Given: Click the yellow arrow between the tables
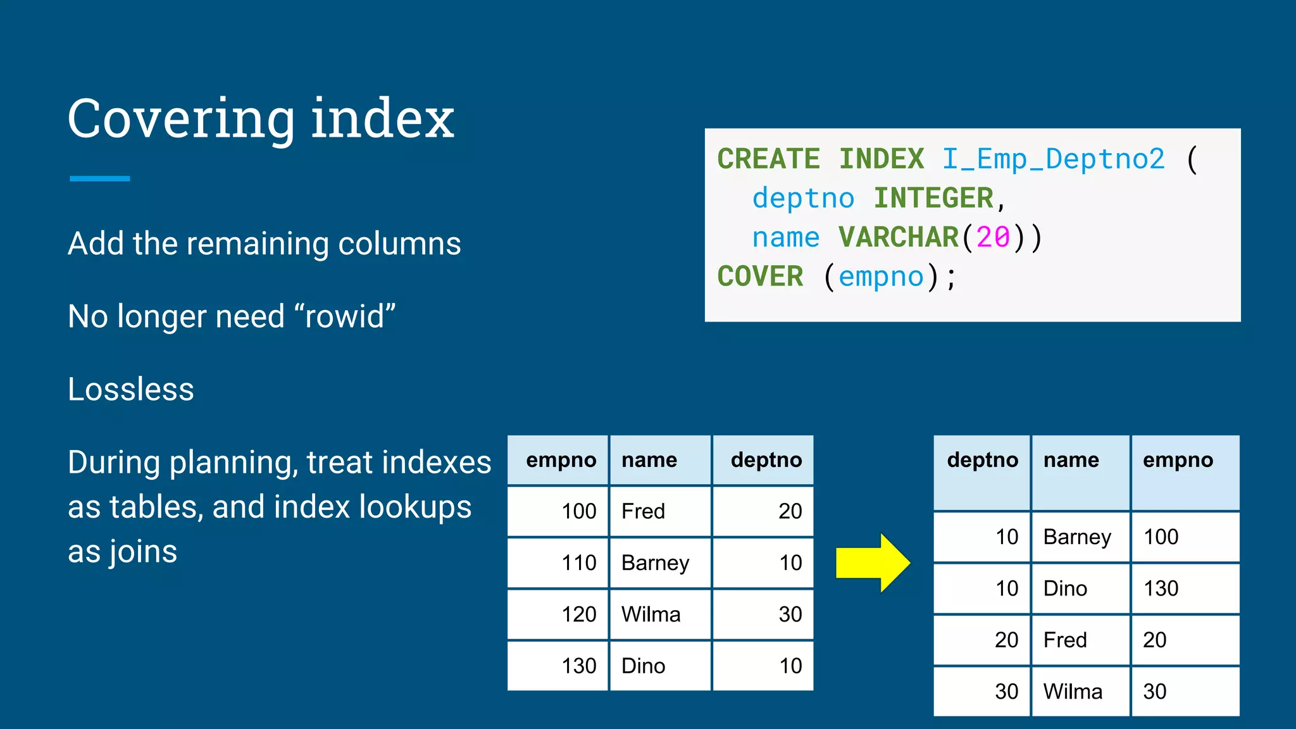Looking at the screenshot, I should click(x=872, y=563).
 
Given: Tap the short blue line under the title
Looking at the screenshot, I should click(x=99, y=179).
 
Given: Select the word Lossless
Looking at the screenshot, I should click(x=130, y=389).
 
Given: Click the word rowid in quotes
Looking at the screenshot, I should click(x=345, y=316).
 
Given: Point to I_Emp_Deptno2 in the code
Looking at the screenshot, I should click(x=1052, y=159).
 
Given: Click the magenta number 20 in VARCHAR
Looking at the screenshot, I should click(x=993, y=237).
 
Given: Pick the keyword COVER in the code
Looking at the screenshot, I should click(x=759, y=277).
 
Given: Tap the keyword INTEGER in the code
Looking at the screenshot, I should click(x=933, y=198).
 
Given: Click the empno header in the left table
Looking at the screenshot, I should click(x=561, y=460).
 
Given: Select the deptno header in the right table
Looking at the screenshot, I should click(x=982, y=460).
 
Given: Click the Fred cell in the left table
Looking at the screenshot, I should click(x=643, y=511).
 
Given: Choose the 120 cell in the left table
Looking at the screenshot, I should click(x=578, y=614).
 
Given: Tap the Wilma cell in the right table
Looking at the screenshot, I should click(x=1073, y=692).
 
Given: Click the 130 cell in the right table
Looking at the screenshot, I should click(x=1161, y=589).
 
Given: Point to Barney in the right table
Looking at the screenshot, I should click(x=1077, y=537).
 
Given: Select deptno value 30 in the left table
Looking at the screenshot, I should click(x=790, y=614).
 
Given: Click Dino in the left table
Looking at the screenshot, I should click(x=643, y=666).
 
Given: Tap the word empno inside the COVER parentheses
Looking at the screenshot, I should click(x=881, y=277).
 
